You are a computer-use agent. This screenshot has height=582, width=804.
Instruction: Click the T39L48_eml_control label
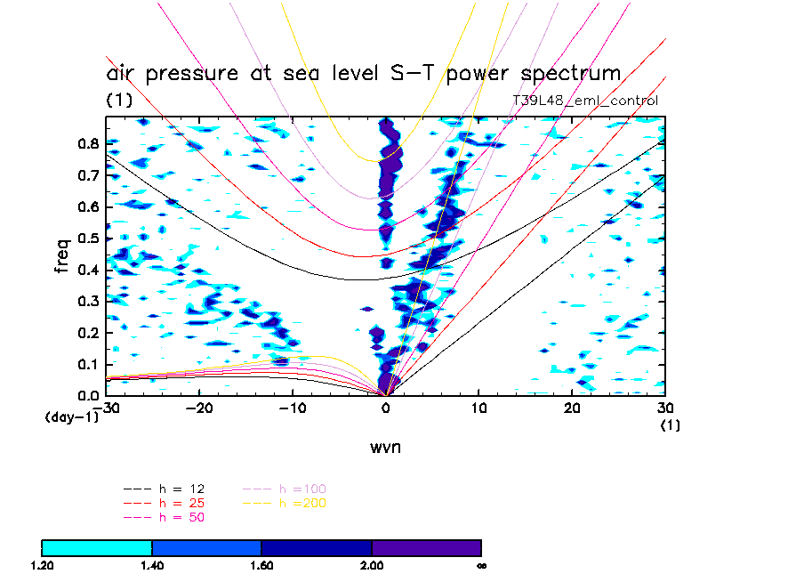585,101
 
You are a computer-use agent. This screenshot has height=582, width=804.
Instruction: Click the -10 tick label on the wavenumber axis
292,408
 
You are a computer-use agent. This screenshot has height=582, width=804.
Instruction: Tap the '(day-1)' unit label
71,417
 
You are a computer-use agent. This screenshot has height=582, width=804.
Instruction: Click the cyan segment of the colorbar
97,547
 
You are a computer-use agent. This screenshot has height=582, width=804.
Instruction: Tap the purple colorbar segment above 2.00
426,547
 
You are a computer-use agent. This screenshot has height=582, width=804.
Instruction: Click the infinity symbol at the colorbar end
480,565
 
